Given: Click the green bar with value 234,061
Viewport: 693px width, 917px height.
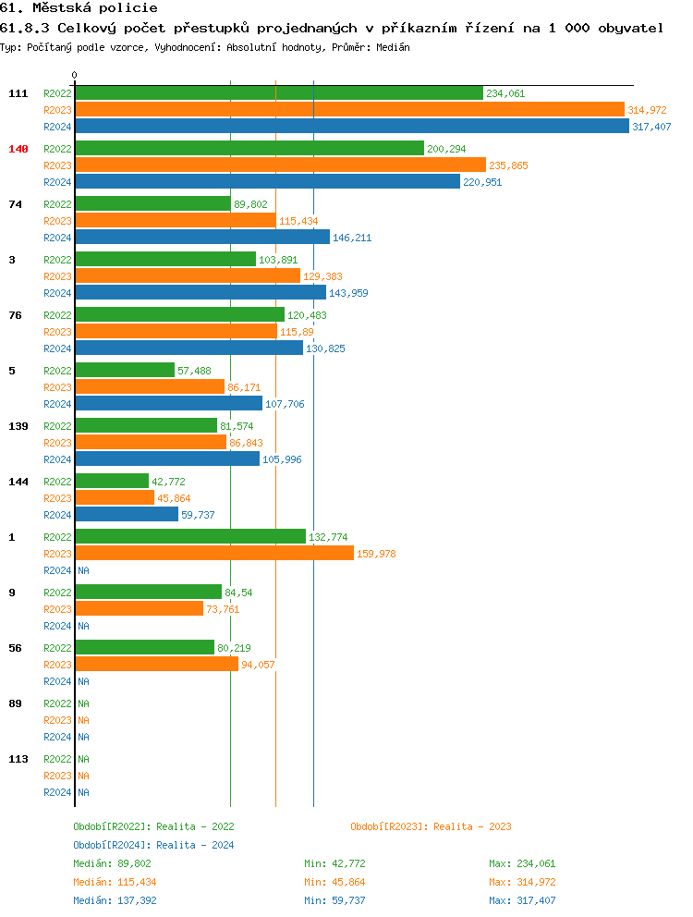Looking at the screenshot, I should click(x=278, y=93).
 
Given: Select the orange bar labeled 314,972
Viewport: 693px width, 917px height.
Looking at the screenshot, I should click(x=349, y=110).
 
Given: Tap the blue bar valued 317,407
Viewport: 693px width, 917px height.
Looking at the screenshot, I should click(x=351, y=127).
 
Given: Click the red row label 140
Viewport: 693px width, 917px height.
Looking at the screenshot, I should click(x=18, y=149).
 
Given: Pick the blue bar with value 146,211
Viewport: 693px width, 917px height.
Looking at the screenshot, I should click(x=201, y=238).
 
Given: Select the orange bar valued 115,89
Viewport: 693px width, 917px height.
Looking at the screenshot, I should click(x=176, y=332).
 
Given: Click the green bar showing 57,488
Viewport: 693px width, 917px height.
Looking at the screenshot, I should click(x=125, y=371).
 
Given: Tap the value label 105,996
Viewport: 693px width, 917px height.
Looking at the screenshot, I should click(x=282, y=459).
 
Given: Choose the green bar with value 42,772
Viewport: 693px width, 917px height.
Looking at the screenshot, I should click(x=112, y=482).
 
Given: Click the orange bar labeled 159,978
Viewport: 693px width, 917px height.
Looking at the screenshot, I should click(x=214, y=554).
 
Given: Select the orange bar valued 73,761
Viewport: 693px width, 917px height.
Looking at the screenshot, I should click(x=139, y=609).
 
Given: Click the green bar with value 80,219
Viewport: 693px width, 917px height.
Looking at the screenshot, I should click(x=144, y=648).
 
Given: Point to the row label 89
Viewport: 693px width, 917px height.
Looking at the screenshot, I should click(x=15, y=703).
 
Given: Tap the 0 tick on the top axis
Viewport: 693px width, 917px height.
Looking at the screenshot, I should click(x=75, y=75).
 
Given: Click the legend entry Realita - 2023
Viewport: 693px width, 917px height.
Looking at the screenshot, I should click(x=431, y=826).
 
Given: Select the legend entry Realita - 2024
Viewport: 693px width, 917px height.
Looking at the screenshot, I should click(x=153, y=845).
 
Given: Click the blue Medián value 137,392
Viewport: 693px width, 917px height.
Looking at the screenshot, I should click(x=135, y=900).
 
